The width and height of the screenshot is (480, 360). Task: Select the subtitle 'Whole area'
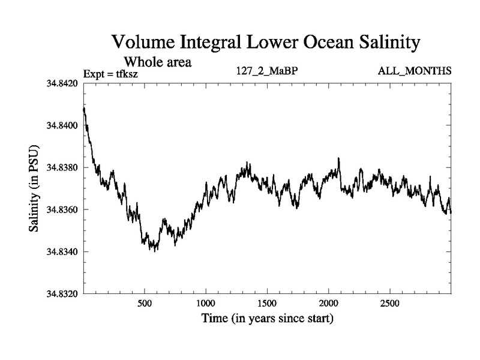click(157, 61)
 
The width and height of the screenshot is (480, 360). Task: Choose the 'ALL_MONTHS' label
click(415, 71)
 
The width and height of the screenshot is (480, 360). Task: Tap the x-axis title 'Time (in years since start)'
click(266, 319)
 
